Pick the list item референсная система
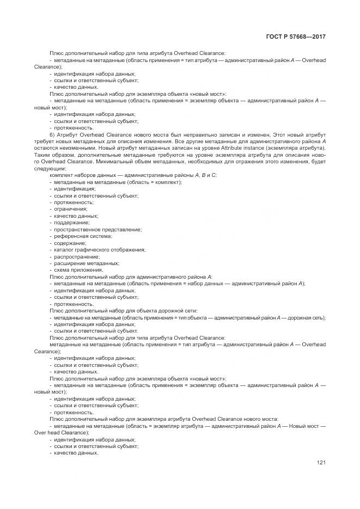tap(83, 236)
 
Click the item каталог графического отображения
tap(99, 250)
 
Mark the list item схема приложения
tap(78, 270)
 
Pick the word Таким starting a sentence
tap(57, 155)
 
